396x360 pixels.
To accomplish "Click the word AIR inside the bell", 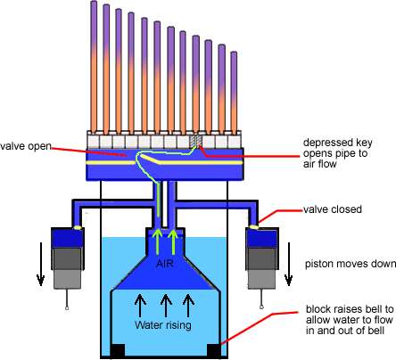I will click(166, 265).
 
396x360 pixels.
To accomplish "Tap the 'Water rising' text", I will click(166, 324).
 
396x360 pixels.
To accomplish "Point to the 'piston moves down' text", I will click(343, 264).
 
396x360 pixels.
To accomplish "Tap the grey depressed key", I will click(195, 142).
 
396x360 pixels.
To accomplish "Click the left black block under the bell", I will click(117, 349).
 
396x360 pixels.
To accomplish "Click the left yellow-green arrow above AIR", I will click(158, 241).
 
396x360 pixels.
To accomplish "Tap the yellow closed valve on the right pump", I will click(255, 227).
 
